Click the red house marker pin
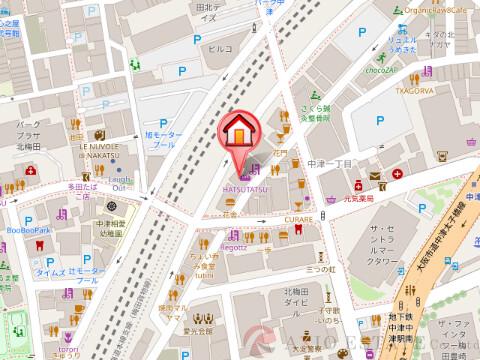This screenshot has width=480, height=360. click(x=240, y=131)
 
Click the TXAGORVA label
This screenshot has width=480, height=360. click(x=414, y=88)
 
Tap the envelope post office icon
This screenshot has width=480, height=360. click(x=373, y=176)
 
